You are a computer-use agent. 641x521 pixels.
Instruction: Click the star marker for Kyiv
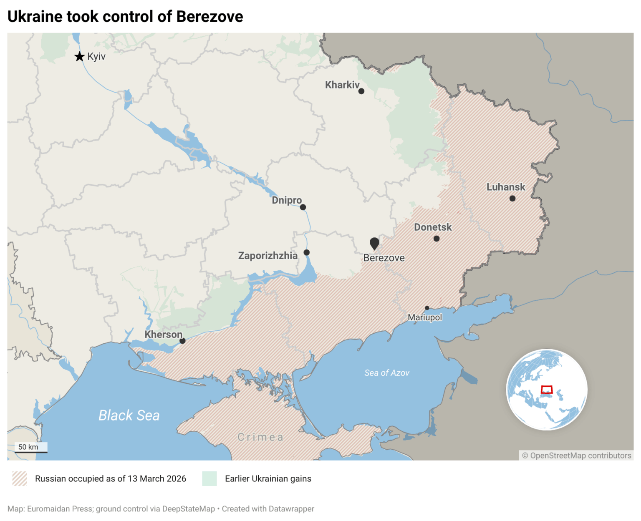[x=79, y=56]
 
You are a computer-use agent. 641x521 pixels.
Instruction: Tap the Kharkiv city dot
[x=361, y=91]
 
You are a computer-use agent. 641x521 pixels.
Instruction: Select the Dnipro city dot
[x=303, y=207]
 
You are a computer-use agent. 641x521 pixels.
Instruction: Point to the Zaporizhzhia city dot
[x=306, y=252]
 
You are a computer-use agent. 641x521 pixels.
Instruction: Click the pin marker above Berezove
[x=374, y=243]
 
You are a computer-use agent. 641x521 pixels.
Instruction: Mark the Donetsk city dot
[x=437, y=239]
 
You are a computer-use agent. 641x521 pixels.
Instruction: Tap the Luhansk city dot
[x=512, y=199]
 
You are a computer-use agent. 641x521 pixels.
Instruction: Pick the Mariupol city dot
[x=427, y=308]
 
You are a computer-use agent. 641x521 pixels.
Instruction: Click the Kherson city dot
[x=182, y=341]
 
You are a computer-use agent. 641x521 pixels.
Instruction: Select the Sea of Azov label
[x=387, y=373]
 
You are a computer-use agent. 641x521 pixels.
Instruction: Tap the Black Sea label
[x=129, y=415]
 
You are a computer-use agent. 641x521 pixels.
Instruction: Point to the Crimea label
[x=260, y=437]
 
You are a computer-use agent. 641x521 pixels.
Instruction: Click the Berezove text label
[x=384, y=258]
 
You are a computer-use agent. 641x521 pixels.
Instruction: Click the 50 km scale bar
[x=31, y=448]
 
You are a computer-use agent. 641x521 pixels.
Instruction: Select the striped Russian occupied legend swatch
[x=20, y=478]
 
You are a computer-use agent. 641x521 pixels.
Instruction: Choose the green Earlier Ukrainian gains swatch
[x=209, y=478]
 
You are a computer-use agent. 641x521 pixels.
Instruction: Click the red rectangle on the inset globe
[x=547, y=390]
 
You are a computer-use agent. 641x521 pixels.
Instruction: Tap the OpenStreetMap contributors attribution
[x=576, y=456]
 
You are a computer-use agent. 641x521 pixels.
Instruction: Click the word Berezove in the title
[x=209, y=17]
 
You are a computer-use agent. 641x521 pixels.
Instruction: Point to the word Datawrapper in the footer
[x=291, y=509]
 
